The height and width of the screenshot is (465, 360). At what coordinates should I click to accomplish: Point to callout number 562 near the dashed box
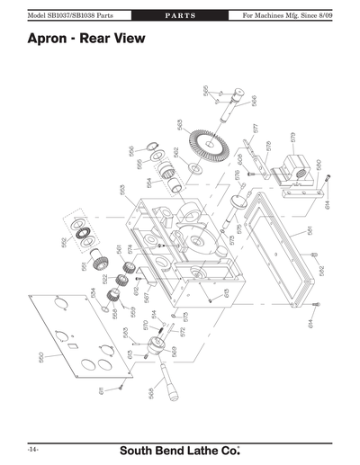[x=64, y=242]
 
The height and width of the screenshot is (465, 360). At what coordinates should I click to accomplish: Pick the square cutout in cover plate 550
[x=75, y=343]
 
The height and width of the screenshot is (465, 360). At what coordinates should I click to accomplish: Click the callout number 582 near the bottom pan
[x=321, y=270]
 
